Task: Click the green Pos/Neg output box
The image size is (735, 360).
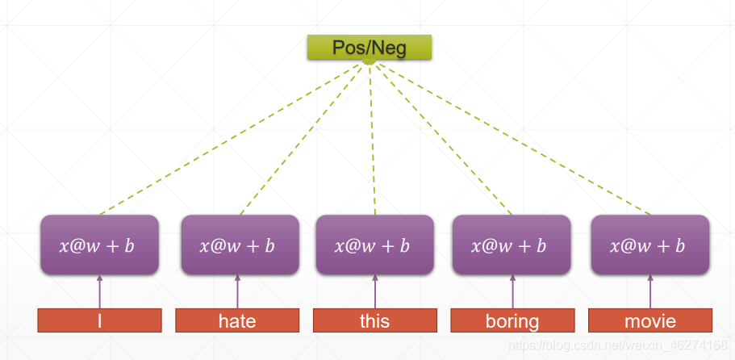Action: pyautogui.click(x=370, y=47)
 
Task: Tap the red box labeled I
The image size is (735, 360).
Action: pyautogui.click(x=99, y=320)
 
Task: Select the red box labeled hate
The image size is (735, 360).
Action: pyautogui.click(x=237, y=320)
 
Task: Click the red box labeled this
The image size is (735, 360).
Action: pyautogui.click(x=375, y=320)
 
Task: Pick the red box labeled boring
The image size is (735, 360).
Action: pyautogui.click(x=512, y=320)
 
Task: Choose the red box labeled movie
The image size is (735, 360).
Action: pyautogui.click(x=650, y=320)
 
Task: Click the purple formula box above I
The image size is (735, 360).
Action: pyautogui.click(x=99, y=245)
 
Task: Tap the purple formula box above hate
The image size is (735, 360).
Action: pyautogui.click(x=240, y=245)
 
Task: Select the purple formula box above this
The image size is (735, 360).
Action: pyautogui.click(x=375, y=245)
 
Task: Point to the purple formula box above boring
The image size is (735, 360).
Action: pyautogui.click(x=512, y=245)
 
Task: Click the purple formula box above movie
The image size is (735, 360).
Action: pyautogui.click(x=650, y=245)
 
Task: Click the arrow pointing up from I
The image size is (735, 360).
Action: pyautogui.click(x=99, y=291)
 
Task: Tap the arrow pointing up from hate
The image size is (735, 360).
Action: pyautogui.click(x=237, y=291)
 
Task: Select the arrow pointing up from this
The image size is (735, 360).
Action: pyautogui.click(x=375, y=291)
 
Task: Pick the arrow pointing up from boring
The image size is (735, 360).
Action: pyautogui.click(x=512, y=291)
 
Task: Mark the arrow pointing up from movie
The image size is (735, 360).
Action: pyautogui.click(x=650, y=291)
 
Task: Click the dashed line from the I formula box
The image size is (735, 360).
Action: pyautogui.click(x=231, y=139)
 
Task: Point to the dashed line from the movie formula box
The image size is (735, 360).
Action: pyautogui.click(x=513, y=139)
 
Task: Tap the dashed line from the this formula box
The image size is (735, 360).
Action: pyautogui.click(x=372, y=139)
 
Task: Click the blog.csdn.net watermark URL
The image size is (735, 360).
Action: pyautogui.click(x=618, y=346)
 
